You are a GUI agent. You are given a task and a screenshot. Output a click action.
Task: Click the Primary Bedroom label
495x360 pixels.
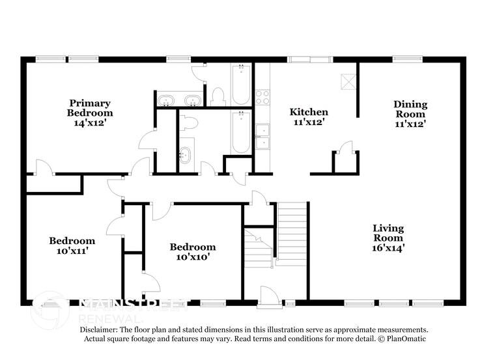click(x=90, y=107)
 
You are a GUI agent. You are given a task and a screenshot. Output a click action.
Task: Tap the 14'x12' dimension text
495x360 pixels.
click(x=90, y=122)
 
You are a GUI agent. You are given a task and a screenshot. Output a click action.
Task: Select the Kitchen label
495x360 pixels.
click(x=309, y=112)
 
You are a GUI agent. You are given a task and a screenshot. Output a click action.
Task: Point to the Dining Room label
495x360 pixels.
click(x=410, y=109)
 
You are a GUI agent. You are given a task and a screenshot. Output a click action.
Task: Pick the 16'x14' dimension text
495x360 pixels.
click(x=388, y=247)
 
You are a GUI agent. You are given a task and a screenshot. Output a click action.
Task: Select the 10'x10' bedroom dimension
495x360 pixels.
click(x=193, y=256)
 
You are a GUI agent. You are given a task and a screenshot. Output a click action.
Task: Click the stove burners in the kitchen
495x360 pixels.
click(x=262, y=97)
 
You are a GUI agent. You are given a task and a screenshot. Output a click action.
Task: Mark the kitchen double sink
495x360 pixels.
click(x=262, y=137)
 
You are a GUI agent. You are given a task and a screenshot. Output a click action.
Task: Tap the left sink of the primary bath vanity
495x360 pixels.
click(x=167, y=100)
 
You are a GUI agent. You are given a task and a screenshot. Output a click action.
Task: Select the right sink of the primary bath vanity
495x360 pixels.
click(x=192, y=100)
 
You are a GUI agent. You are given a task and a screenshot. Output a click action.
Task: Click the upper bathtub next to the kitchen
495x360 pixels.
click(x=241, y=85)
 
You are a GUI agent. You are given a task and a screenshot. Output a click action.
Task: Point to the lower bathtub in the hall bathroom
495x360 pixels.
click(x=241, y=132)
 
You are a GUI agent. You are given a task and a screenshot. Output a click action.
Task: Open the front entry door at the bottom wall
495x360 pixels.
click(x=269, y=297)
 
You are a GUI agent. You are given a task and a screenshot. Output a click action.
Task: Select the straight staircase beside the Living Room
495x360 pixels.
click(x=291, y=233)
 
